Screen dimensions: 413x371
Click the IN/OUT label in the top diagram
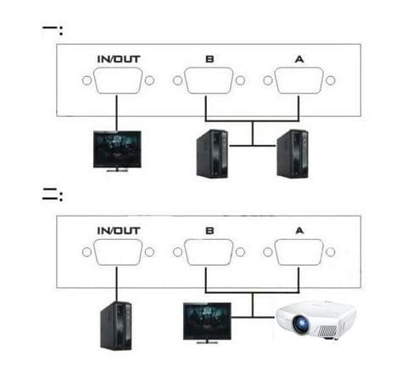click(119, 59)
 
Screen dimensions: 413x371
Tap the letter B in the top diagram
click(209, 59)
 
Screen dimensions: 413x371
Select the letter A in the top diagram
click(299, 59)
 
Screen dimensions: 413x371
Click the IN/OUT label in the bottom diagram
click(119, 230)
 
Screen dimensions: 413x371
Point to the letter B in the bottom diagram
click(209, 230)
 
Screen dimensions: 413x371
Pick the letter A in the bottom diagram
click(299, 230)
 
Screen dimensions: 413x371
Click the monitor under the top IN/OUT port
click(117, 151)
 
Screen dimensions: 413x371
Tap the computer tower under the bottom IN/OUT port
click(116, 326)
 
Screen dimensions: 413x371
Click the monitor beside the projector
click(207, 323)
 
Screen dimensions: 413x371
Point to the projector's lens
click(300, 324)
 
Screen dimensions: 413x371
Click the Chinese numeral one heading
click(53, 30)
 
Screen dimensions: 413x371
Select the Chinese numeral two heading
click(53, 195)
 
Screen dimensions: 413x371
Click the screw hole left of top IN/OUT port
click(87, 80)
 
